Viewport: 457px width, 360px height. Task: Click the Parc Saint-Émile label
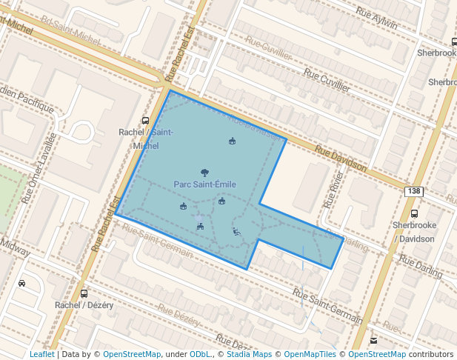[205, 184]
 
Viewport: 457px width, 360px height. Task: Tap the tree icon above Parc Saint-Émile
[205, 172]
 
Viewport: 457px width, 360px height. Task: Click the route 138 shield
[413, 191]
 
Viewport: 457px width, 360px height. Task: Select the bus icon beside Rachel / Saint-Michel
[145, 121]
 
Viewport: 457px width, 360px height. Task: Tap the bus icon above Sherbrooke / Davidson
[413, 213]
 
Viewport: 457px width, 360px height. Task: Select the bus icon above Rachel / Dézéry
[84, 293]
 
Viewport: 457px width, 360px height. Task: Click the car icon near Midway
[22, 283]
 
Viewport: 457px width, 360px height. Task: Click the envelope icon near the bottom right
[373, 341]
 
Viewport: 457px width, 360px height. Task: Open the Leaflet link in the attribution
[41, 354]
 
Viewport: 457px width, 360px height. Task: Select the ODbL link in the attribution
[201, 354]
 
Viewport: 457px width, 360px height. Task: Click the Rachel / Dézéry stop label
[83, 305]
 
